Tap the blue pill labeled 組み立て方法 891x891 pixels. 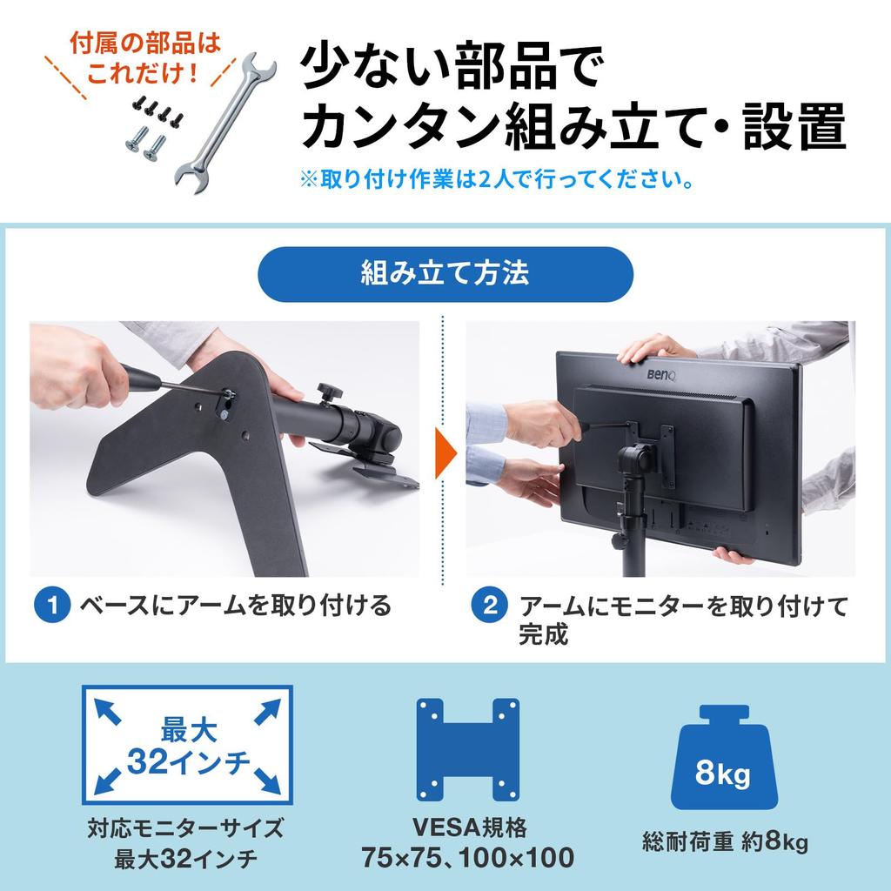[x=445, y=274]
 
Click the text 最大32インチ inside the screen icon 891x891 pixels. [x=187, y=746]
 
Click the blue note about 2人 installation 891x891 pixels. [x=496, y=183]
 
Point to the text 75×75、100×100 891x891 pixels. [x=467, y=857]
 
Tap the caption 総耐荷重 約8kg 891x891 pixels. [x=725, y=841]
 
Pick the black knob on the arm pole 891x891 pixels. [x=328, y=388]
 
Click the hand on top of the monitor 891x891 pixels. [x=654, y=349]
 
